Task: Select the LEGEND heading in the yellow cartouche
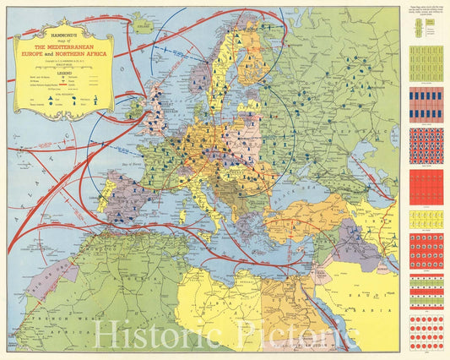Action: click(64, 74)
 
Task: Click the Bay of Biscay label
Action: click(137, 174)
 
